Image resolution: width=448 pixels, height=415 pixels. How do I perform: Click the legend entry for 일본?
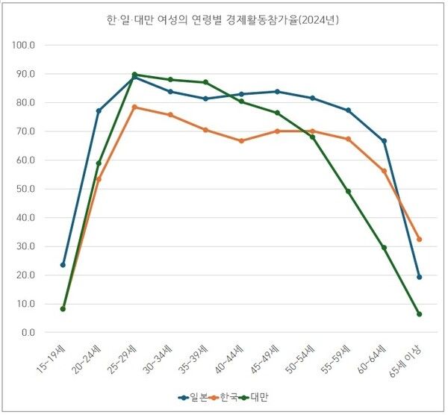click(196, 397)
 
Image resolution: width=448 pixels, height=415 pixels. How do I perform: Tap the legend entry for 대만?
click(258, 397)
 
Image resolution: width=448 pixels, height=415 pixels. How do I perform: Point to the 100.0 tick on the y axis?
click(25, 45)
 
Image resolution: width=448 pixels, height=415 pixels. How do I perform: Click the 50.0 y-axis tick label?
click(25, 189)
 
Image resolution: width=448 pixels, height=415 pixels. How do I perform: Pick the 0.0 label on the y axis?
click(28, 332)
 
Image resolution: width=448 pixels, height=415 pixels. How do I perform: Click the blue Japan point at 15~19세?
click(63, 264)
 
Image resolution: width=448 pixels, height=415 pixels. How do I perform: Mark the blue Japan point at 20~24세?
click(99, 110)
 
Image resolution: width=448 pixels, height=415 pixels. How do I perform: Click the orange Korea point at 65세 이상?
click(420, 239)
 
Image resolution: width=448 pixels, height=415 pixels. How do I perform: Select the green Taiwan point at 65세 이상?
click(420, 314)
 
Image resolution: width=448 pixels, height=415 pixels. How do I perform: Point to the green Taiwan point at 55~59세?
click(348, 191)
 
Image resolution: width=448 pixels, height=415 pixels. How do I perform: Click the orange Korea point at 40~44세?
click(241, 140)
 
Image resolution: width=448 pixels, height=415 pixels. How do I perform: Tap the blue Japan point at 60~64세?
click(384, 141)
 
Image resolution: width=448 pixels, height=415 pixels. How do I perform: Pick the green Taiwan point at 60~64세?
click(384, 248)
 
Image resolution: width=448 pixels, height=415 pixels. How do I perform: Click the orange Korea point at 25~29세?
click(134, 107)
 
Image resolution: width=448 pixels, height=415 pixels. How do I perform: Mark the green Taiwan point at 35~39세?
click(205, 82)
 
